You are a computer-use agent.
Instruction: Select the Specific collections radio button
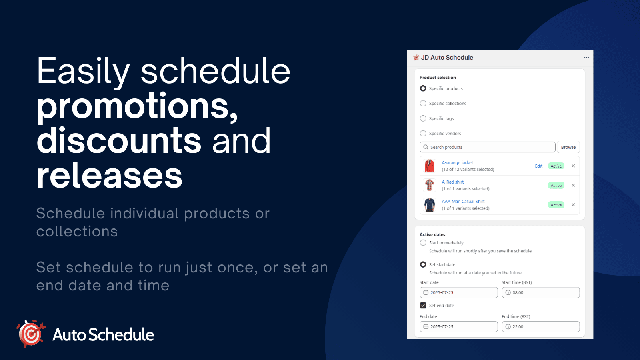[423, 104]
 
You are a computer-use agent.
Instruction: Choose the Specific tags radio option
[423, 118]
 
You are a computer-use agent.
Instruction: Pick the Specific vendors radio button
[423, 134]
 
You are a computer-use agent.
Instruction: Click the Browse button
[568, 147]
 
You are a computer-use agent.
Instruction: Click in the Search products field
[488, 147]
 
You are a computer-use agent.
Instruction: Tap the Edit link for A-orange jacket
[538, 166]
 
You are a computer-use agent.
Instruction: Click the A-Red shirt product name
[452, 182]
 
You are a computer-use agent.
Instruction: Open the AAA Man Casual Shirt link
[463, 202]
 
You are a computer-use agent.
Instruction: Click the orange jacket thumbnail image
[430, 166]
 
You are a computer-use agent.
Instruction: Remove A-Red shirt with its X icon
[573, 185]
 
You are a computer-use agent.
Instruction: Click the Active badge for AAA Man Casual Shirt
[556, 205]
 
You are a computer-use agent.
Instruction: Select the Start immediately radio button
[423, 243]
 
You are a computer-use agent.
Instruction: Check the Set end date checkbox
[423, 306]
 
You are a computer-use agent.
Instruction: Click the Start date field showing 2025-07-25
[459, 292]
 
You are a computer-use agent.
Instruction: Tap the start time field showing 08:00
[541, 292]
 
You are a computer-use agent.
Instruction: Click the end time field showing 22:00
[541, 327]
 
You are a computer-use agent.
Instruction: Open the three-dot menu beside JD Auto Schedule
[586, 58]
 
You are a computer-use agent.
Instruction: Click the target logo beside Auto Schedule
[31, 334]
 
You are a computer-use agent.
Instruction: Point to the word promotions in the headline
[137, 106]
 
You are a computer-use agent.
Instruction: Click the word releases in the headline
[110, 176]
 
